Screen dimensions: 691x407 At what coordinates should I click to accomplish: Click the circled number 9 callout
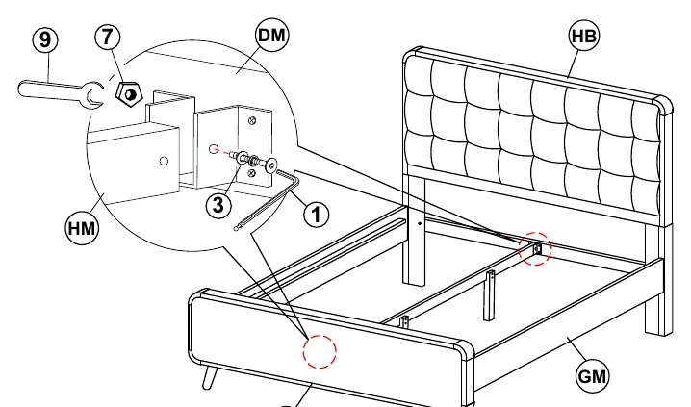(x=45, y=40)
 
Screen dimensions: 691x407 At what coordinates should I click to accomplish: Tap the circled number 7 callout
(x=108, y=37)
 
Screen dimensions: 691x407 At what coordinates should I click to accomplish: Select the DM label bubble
(x=272, y=36)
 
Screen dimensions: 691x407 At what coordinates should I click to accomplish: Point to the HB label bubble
(x=584, y=37)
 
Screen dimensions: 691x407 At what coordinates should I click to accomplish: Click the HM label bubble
(x=82, y=229)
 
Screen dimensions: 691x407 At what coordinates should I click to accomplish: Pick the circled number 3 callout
(x=218, y=205)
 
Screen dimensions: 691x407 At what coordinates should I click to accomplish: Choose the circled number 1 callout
(x=316, y=215)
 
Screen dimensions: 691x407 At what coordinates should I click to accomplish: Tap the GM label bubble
(x=592, y=377)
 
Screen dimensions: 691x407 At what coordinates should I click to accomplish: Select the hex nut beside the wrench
(x=129, y=94)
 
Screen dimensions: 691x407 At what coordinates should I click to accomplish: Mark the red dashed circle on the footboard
(x=320, y=351)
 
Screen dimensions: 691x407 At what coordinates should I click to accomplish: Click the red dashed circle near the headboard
(x=535, y=249)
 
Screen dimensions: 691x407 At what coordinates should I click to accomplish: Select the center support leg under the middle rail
(x=489, y=296)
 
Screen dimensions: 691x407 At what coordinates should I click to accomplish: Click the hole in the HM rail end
(x=164, y=162)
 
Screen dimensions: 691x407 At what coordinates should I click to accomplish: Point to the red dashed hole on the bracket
(x=214, y=149)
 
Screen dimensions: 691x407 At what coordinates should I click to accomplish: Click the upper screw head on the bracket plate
(x=252, y=120)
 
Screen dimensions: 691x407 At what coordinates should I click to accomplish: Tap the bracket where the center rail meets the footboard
(x=404, y=323)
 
